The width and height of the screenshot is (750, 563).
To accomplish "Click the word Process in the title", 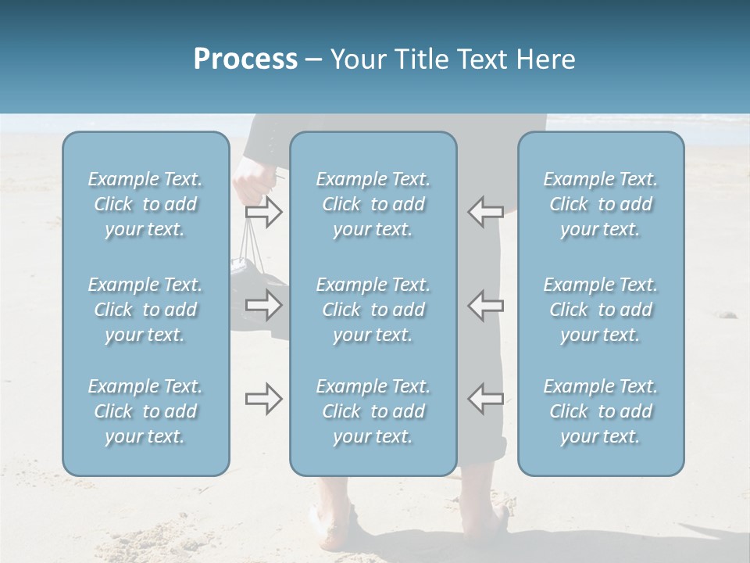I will tap(245, 59).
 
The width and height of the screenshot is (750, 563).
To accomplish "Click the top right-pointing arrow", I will tap(264, 212).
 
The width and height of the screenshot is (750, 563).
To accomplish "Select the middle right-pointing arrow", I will tap(264, 305).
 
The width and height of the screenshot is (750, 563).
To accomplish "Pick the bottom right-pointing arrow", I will tap(264, 400).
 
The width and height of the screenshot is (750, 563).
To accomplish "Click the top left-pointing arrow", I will tap(485, 211).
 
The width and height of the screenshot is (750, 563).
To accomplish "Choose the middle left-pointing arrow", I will tap(485, 305).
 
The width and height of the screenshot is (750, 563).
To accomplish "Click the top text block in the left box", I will tap(145, 204).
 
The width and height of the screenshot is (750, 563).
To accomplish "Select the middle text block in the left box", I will tap(145, 310).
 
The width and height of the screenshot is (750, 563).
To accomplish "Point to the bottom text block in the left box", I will tap(145, 411).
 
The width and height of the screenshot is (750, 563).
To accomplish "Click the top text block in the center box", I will tap(373, 204).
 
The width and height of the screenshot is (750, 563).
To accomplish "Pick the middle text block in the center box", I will tap(373, 310).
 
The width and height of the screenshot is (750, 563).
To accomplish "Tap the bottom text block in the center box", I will tap(373, 411).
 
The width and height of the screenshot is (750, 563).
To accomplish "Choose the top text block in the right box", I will tap(600, 204).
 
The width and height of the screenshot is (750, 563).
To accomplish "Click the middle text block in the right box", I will tap(600, 310).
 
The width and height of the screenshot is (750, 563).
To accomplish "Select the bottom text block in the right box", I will tap(600, 411).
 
